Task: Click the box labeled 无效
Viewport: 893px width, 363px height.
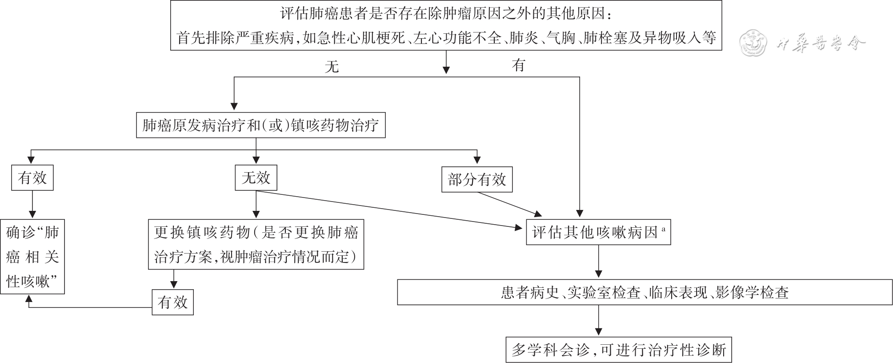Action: pyautogui.click(x=256, y=178)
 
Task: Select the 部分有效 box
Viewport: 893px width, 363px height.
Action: pyautogui.click(x=477, y=179)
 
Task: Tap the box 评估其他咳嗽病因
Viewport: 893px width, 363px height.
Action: pyautogui.click(x=598, y=232)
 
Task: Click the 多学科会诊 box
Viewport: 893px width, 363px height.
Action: pyautogui.click(x=618, y=350)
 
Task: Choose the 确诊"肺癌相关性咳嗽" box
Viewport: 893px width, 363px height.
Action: pyautogui.click(x=32, y=257)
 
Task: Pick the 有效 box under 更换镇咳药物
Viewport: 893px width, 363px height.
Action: pyautogui.click(x=172, y=302)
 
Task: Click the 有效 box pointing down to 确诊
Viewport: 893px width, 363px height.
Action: pyautogui.click(x=32, y=178)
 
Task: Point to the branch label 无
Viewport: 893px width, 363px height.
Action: pyautogui.click(x=332, y=67)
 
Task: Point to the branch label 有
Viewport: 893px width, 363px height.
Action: pyautogui.click(x=518, y=65)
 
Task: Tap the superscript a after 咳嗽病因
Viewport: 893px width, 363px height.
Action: pyautogui.click(x=663, y=229)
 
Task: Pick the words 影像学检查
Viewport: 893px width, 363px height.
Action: pyautogui.click(x=752, y=292)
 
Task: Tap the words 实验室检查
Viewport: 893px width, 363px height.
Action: pyautogui.click(x=604, y=292)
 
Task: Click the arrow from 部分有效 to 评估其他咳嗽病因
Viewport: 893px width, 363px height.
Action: pyautogui.click(x=507, y=203)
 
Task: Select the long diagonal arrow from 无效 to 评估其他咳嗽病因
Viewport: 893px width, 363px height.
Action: pyautogui.click(x=387, y=210)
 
